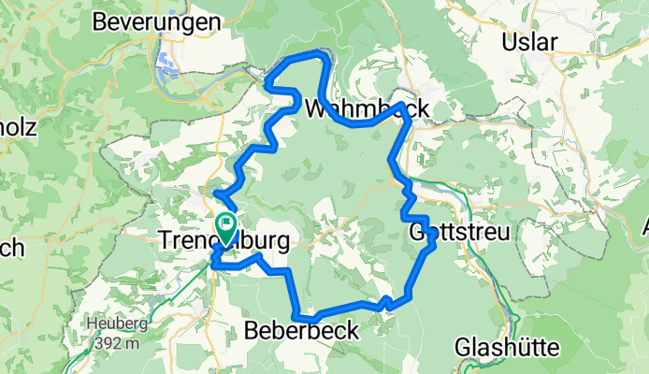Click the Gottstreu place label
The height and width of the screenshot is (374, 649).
tap(461, 232)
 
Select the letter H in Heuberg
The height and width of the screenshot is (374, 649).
tap(93, 324)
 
